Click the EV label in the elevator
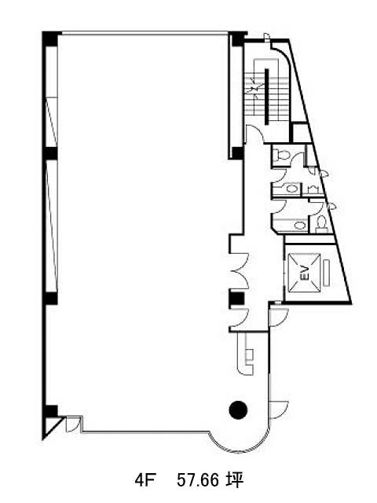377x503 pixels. point(305,273)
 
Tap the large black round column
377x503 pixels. point(238,409)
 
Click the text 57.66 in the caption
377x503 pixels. point(198,480)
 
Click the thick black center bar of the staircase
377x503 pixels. point(267,96)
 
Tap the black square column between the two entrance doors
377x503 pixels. point(236,299)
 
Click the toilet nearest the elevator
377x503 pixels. point(321,222)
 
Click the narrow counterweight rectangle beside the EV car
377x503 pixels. point(327,273)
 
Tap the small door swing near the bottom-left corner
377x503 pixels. point(71,424)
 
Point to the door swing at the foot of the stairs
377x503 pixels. point(254,134)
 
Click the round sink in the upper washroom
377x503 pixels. point(291,189)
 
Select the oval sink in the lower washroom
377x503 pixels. point(300,225)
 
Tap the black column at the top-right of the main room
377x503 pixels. point(238,39)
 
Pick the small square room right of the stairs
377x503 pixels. point(302,133)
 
